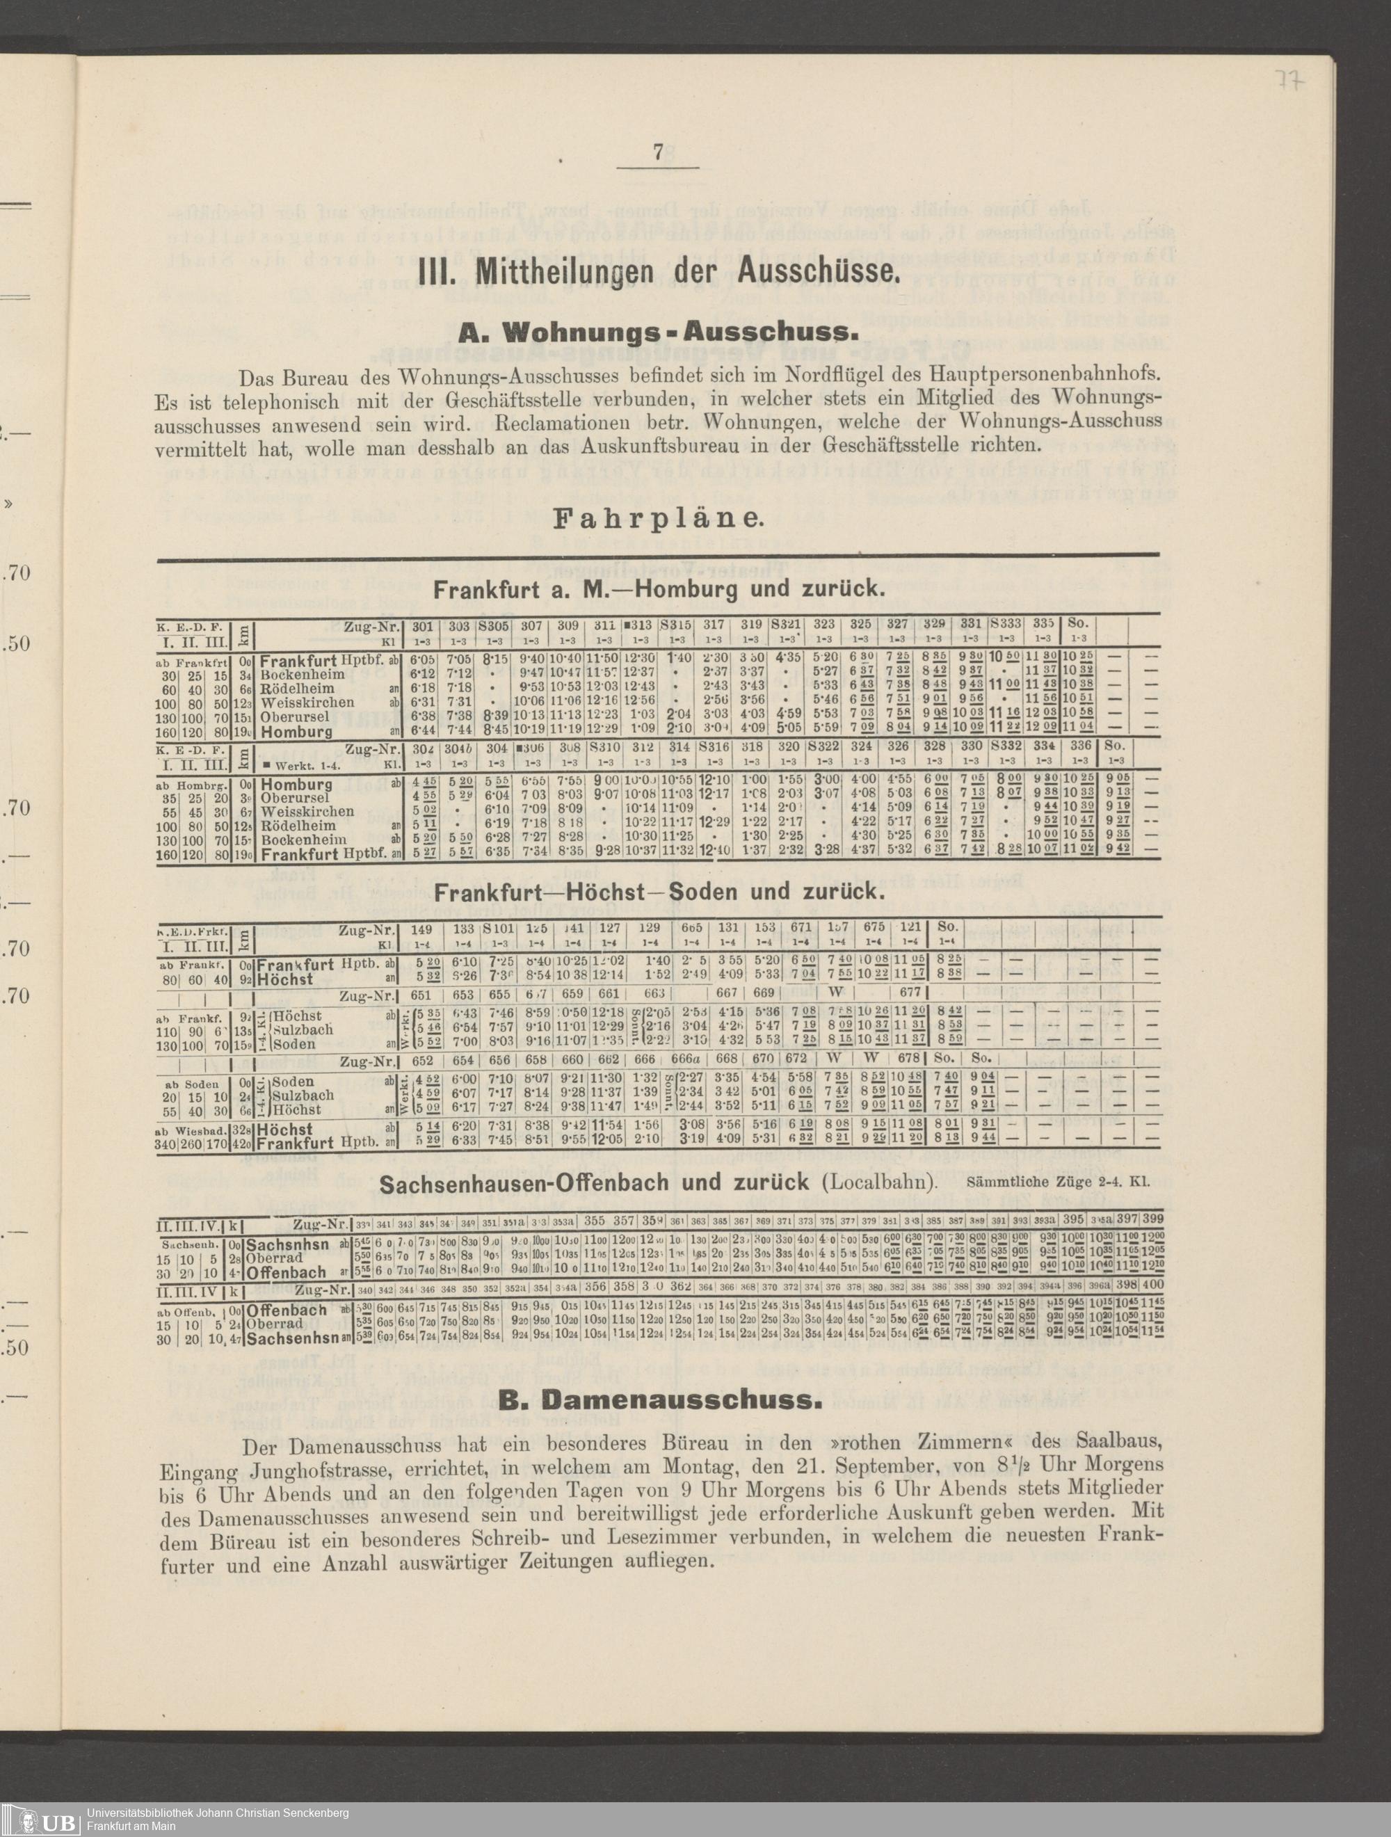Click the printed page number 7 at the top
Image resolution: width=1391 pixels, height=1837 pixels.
(658, 154)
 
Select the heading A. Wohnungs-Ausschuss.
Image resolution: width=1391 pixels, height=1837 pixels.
(656, 333)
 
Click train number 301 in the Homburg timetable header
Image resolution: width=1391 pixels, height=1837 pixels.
(423, 626)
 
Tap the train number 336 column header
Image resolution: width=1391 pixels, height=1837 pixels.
(1079, 746)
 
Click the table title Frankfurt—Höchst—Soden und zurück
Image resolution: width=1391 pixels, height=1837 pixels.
(657, 892)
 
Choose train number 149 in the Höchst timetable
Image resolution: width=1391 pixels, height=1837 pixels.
(422, 928)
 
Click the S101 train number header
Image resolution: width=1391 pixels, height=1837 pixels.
(498, 928)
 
